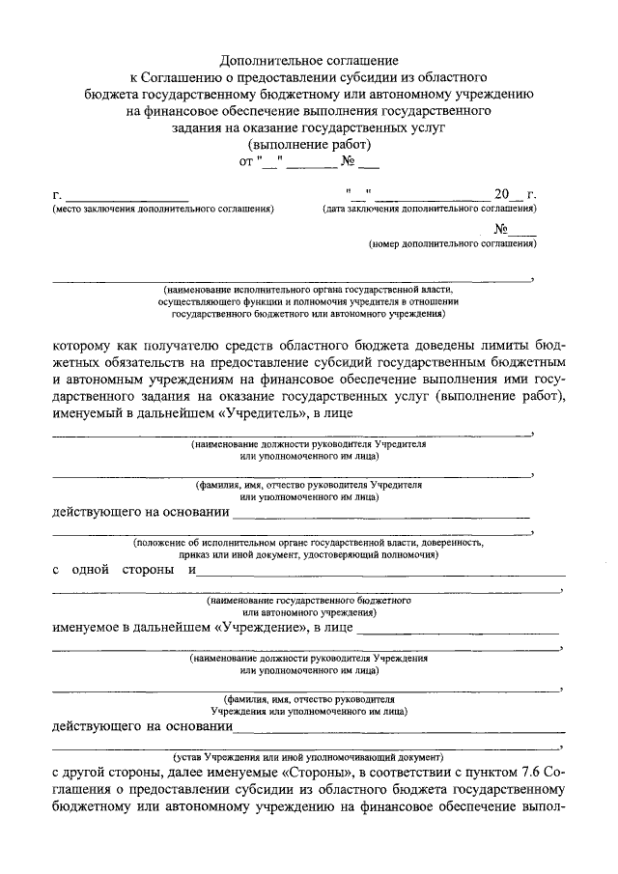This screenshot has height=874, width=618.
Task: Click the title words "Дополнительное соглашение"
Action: tap(309, 59)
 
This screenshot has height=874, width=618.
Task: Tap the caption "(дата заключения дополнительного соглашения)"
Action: tap(431, 209)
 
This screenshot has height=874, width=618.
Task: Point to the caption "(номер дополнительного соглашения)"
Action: tap(452, 245)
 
